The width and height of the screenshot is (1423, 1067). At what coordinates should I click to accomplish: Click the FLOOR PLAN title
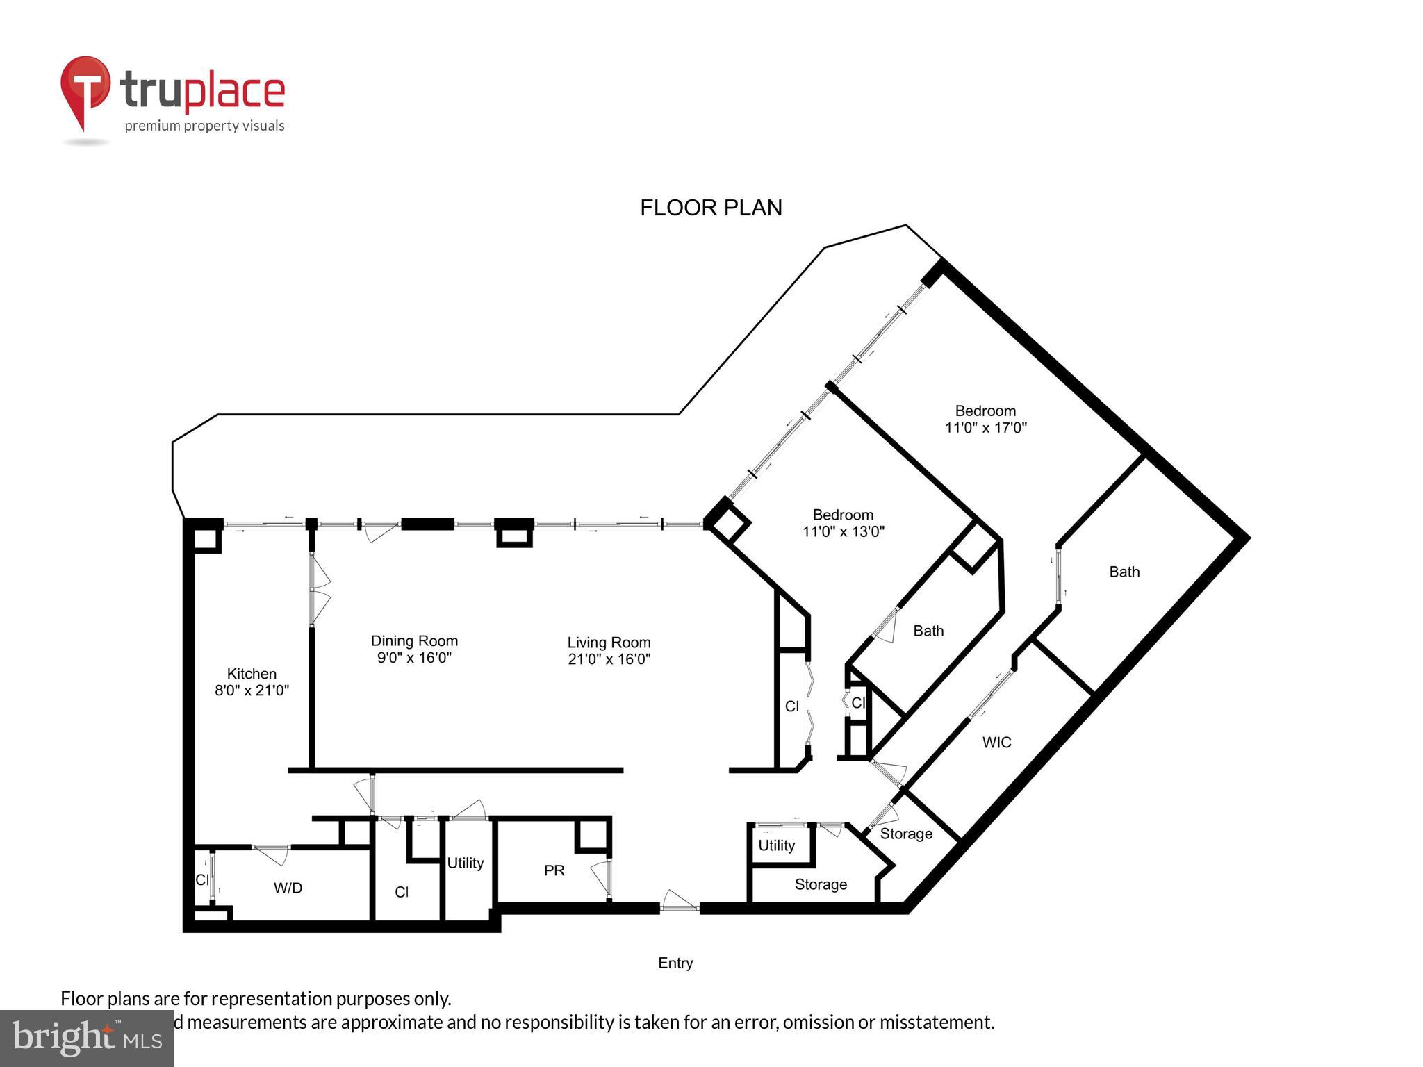[711, 208]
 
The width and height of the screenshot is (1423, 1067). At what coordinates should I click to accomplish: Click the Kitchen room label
[252, 674]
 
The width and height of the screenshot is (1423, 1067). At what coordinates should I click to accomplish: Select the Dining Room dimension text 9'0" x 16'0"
[414, 658]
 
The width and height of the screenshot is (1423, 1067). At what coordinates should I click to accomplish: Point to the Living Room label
[609, 643]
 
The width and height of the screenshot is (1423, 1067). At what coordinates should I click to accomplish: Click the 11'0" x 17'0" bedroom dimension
[985, 428]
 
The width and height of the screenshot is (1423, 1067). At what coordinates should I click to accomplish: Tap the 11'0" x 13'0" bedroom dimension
[843, 532]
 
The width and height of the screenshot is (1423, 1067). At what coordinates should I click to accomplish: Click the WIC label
[996, 743]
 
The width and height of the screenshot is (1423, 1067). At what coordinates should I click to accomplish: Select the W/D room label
[288, 888]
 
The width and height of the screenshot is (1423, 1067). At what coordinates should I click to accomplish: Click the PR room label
[554, 870]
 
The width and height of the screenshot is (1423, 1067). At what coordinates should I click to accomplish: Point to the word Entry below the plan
[675, 963]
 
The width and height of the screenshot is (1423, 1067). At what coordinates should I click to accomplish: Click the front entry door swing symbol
[679, 901]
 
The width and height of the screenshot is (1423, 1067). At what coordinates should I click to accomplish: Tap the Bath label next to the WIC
[1124, 572]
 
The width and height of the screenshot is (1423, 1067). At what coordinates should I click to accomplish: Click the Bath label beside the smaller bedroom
[928, 631]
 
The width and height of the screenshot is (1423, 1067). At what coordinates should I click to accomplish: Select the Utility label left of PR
[465, 863]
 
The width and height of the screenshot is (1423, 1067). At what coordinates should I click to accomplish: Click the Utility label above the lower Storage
[776, 845]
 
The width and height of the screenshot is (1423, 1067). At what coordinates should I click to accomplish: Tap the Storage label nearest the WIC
[906, 834]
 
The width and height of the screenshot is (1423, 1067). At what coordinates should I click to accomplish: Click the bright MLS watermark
[87, 1039]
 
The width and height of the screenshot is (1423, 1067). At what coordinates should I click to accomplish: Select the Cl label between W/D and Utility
[402, 892]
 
